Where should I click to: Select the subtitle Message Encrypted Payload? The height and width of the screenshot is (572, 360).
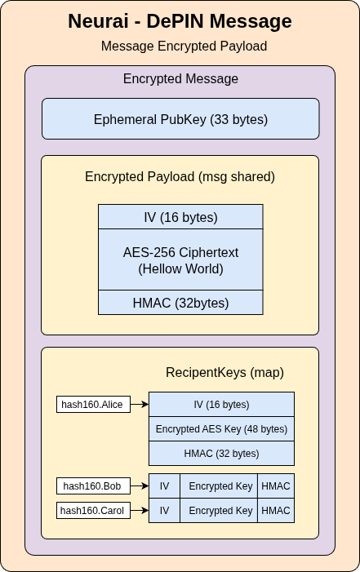coord(184,47)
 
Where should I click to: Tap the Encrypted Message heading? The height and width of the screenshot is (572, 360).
coord(180,79)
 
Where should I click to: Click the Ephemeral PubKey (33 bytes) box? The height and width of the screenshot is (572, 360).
coord(180,119)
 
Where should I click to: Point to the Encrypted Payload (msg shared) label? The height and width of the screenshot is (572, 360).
coord(180,177)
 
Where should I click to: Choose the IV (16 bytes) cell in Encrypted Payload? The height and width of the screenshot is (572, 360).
coord(180,217)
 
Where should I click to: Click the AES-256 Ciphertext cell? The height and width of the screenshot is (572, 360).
coord(180,259)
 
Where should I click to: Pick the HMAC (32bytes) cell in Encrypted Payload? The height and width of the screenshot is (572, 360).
coord(180,303)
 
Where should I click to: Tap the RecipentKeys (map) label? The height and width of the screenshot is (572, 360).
coord(224,373)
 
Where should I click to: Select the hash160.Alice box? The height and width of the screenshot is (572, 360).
coord(94,404)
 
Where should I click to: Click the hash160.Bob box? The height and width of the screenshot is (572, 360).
coord(94,486)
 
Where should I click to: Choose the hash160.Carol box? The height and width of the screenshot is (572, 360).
coord(94,511)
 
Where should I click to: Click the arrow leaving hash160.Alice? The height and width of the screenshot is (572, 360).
coord(140,404)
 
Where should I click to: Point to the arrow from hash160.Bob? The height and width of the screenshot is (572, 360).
coord(140,486)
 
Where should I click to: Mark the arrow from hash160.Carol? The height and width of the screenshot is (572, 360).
coord(140,511)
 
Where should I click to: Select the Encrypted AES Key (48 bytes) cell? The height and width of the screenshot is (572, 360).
coord(221,429)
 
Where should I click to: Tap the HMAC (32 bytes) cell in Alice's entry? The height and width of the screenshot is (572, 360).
coord(221,454)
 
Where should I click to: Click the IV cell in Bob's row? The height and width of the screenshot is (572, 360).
coord(164,486)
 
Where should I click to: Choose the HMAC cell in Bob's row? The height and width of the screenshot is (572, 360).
coord(276,486)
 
